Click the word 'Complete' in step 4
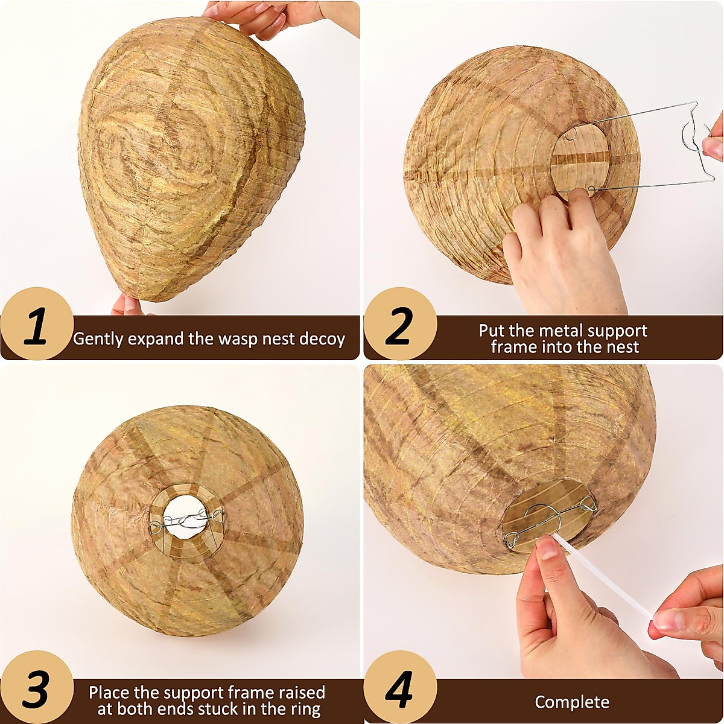click(571, 702)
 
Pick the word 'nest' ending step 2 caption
click(622, 347)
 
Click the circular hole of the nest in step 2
click(579, 158)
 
